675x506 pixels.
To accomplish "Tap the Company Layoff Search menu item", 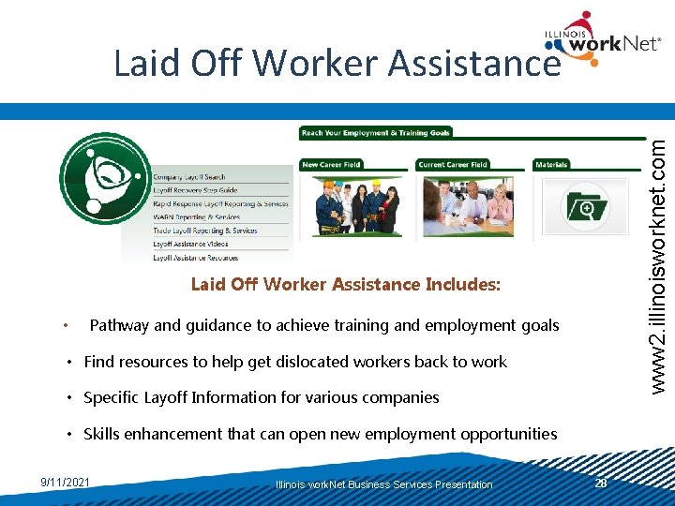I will pyautogui.click(x=189, y=177).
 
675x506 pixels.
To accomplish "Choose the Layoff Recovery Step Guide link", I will pyautogui.click(x=195, y=190).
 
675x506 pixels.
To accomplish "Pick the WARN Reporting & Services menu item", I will pyautogui.click(x=196, y=216).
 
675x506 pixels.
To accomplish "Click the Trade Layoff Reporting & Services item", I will pyautogui.click(x=204, y=231).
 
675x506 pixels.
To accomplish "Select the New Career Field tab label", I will pyautogui.click(x=331, y=165).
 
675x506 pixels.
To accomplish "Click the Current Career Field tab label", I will pyautogui.click(x=453, y=165).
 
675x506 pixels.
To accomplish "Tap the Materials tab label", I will pyautogui.click(x=551, y=165).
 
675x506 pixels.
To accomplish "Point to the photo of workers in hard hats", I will pyautogui.click(x=355, y=205).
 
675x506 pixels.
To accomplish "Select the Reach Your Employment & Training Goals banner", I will pyautogui.click(x=376, y=133).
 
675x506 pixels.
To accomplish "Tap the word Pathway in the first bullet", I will pyautogui.click(x=119, y=326).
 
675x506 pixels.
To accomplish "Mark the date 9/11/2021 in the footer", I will pyautogui.click(x=66, y=483).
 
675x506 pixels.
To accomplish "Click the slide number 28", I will pyautogui.click(x=601, y=483).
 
